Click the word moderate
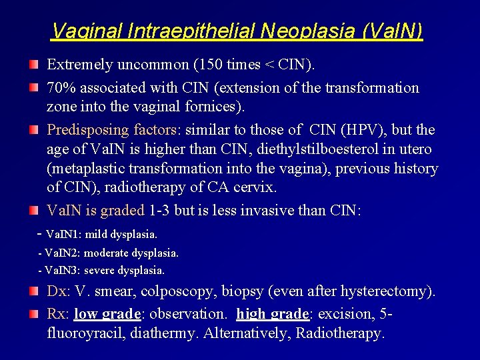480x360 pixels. tap(109, 253)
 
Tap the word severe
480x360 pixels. tap(99, 271)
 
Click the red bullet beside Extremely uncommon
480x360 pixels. tap(33, 65)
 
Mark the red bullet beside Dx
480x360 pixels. tap(33, 291)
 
